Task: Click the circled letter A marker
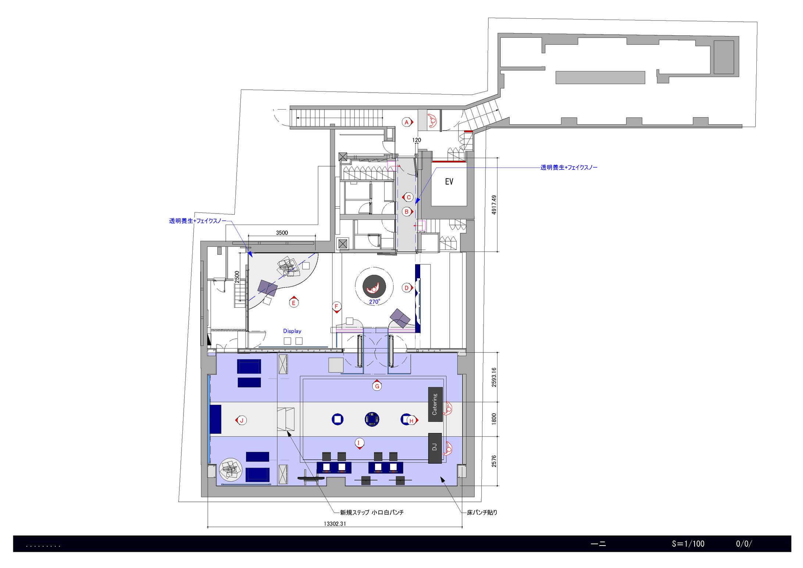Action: pyautogui.click(x=407, y=122)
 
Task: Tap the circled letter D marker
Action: pyautogui.click(x=407, y=288)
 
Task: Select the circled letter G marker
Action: pyautogui.click(x=377, y=386)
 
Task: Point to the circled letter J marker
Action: pyautogui.click(x=241, y=421)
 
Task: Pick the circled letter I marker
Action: pyautogui.click(x=359, y=443)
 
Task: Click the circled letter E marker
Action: pyautogui.click(x=293, y=302)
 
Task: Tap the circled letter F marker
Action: pyautogui.click(x=336, y=307)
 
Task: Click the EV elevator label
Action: pyautogui.click(x=449, y=182)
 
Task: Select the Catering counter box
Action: pyautogui.click(x=435, y=404)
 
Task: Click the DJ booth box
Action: pyautogui.click(x=435, y=448)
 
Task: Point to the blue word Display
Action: pyautogui.click(x=292, y=331)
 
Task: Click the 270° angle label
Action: pyautogui.click(x=375, y=302)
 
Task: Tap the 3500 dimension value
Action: pyautogui.click(x=282, y=233)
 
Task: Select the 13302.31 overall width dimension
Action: pyautogui.click(x=335, y=524)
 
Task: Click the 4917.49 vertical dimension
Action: pyautogui.click(x=494, y=205)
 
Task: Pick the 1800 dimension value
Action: pyautogui.click(x=494, y=419)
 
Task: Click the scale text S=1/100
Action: pyautogui.click(x=688, y=544)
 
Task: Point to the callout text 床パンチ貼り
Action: pyautogui.click(x=482, y=512)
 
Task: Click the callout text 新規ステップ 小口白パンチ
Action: pyautogui.click(x=372, y=512)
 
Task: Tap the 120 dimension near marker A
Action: pyautogui.click(x=417, y=140)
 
